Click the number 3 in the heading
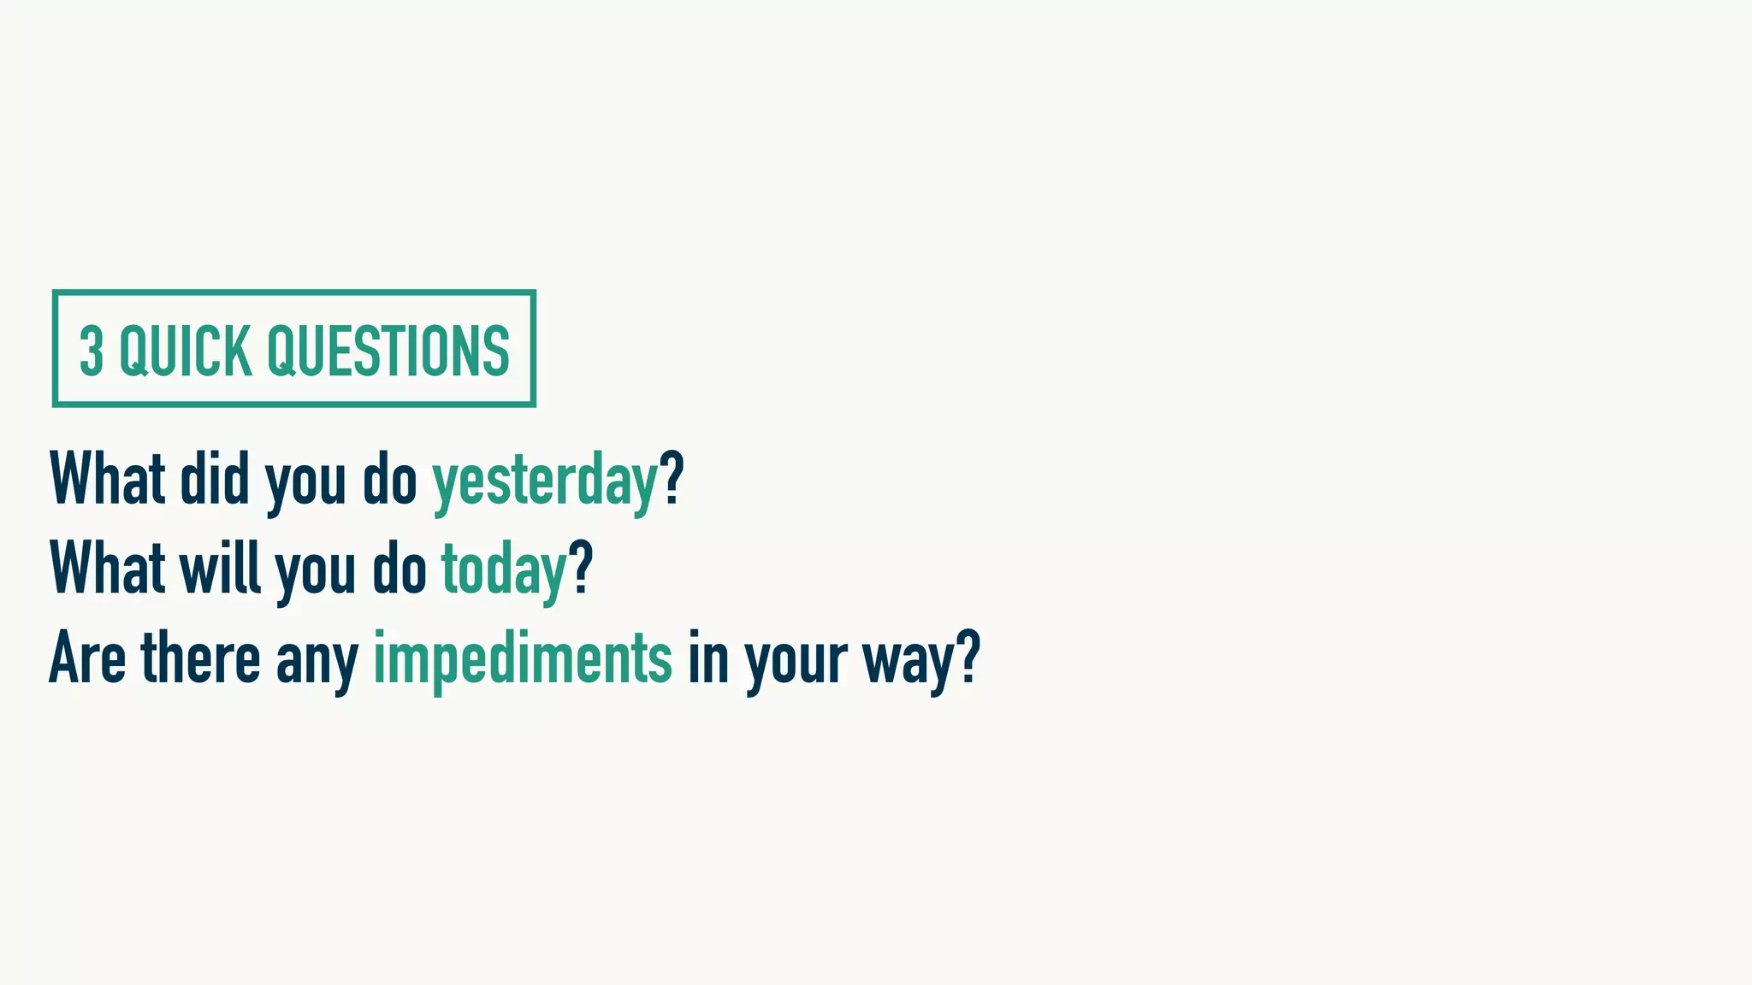pos(92,351)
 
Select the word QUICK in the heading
pos(186,351)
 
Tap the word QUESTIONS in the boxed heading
pos(388,351)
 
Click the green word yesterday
pos(545,481)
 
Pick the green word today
pos(504,570)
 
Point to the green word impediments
pos(523,658)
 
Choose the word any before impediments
pos(317,660)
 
